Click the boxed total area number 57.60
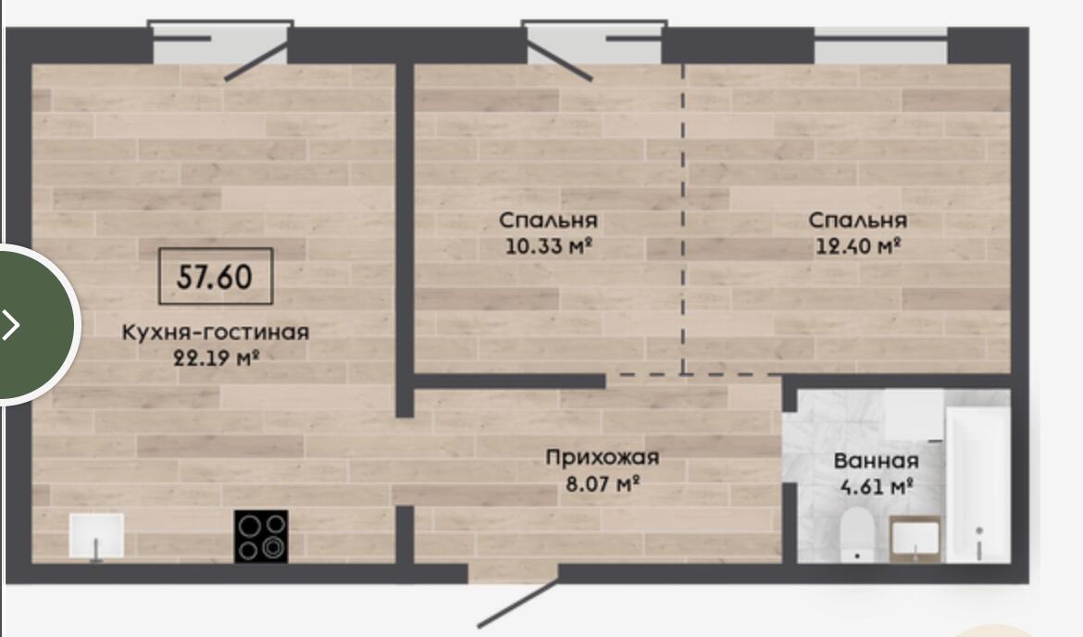click(x=215, y=277)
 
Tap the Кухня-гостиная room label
click(x=216, y=332)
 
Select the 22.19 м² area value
click(x=216, y=358)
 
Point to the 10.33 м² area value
click(x=549, y=245)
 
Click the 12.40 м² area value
click(x=858, y=245)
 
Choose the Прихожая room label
click(x=603, y=457)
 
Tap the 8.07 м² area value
click(x=603, y=483)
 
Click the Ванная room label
click(x=876, y=461)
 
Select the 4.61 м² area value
click(x=877, y=486)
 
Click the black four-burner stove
click(x=261, y=536)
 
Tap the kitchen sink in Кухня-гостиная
click(x=96, y=535)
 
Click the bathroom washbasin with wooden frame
click(x=915, y=538)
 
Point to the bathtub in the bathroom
click(x=978, y=483)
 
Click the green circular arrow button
click(x=31, y=324)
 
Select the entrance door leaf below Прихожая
click(x=518, y=603)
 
